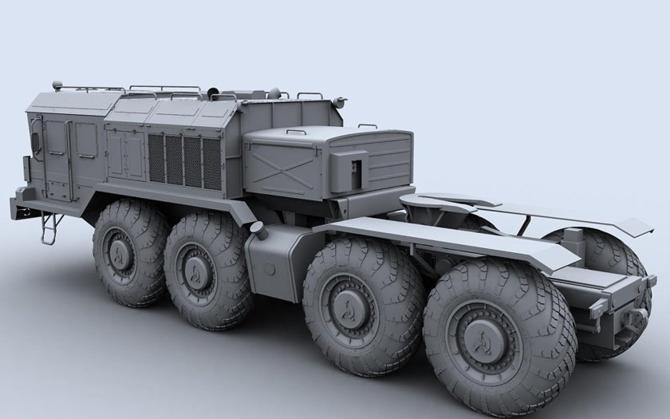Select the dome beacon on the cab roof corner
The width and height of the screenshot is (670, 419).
tap(56, 83)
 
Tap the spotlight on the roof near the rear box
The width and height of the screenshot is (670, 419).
tap(341, 101)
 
